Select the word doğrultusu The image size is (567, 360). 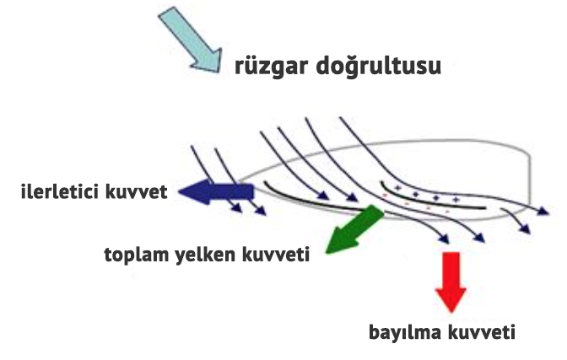click(379, 66)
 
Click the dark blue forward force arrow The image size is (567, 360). click(216, 191)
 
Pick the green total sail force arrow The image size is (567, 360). click(354, 229)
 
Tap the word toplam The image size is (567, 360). click(138, 255)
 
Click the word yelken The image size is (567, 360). click(206, 254)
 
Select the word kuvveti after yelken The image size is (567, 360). click(276, 254)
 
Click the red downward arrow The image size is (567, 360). click(451, 282)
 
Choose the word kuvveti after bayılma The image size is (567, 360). click(481, 332)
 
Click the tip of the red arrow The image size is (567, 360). click(451, 313)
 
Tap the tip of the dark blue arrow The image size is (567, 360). click(178, 192)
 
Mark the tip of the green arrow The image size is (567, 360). click(327, 253)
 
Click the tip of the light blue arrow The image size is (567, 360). click(219, 72)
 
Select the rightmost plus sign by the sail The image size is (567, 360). click(456, 200)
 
